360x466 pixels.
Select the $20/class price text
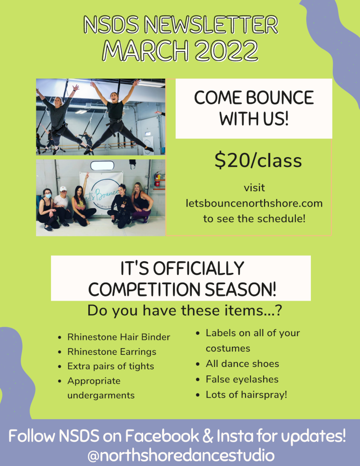coord(258,161)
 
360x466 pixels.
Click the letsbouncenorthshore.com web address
coord(254,203)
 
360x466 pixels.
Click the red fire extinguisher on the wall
coord(158,179)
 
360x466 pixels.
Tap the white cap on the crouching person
coord(63,189)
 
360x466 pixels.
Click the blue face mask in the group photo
coord(48,196)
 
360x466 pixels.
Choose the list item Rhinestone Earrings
coord(112,351)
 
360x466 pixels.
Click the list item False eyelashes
coord(242,379)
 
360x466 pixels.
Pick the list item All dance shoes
coord(242,364)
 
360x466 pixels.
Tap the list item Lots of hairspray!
coord(246,394)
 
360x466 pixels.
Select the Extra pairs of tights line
coord(111,366)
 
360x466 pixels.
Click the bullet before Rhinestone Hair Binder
coord(60,337)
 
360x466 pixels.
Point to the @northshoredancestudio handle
coord(181,455)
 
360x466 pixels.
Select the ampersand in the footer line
coord(208,436)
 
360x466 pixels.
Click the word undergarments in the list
coord(101,395)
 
